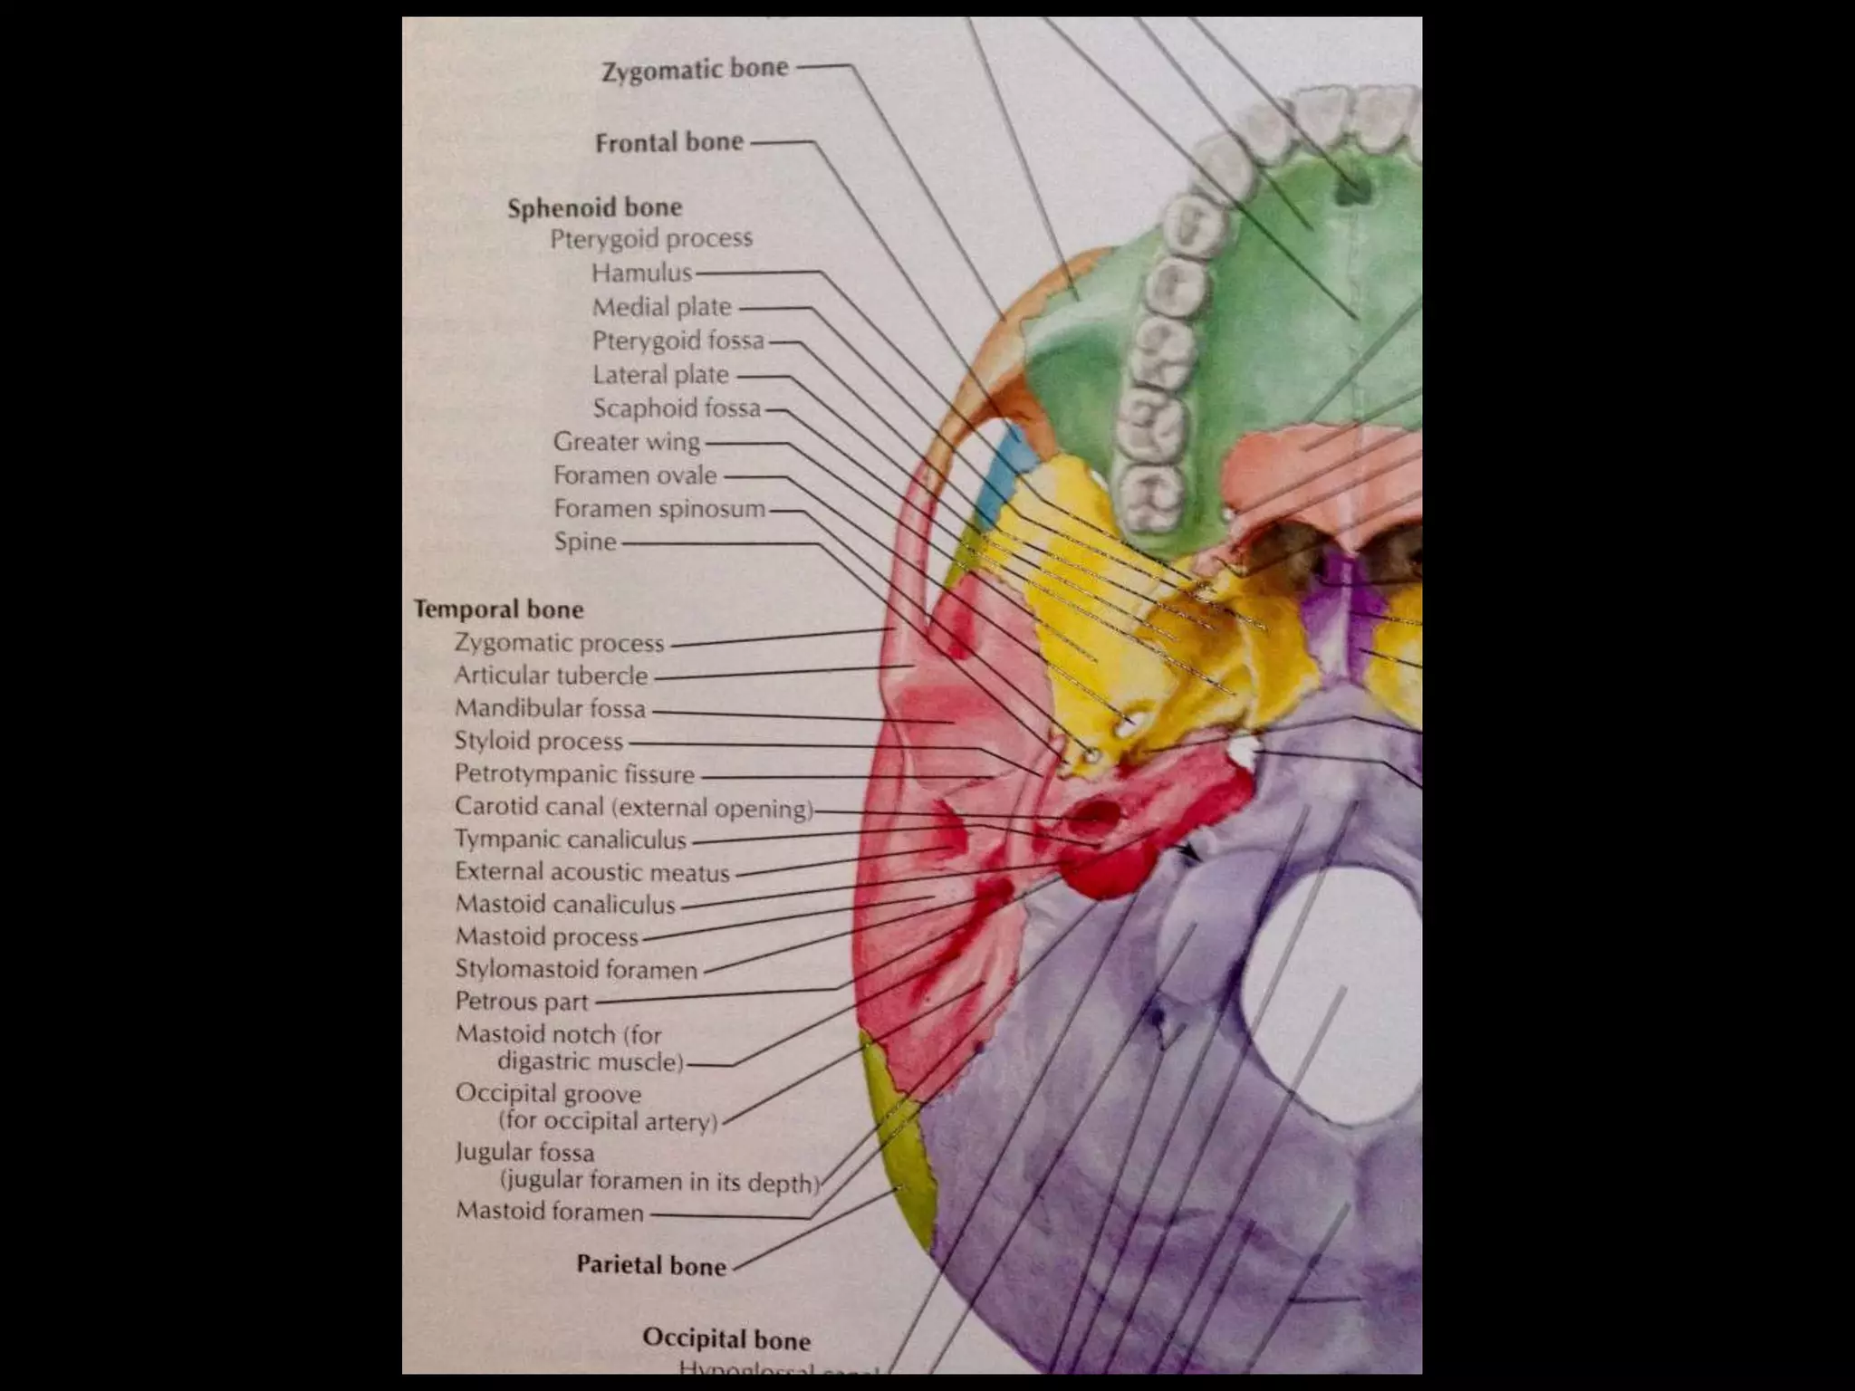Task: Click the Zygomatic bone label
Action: pyautogui.click(x=695, y=70)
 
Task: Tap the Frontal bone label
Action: pyautogui.click(x=669, y=142)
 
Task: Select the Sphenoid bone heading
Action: pyautogui.click(x=594, y=208)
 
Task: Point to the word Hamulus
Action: pyautogui.click(x=641, y=273)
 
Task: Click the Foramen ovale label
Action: pyautogui.click(x=635, y=475)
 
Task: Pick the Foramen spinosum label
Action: pyautogui.click(x=659, y=509)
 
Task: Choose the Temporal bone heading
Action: pyautogui.click(x=498, y=609)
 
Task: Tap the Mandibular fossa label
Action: pyautogui.click(x=550, y=708)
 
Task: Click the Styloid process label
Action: pyautogui.click(x=539, y=741)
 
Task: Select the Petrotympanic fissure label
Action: pyautogui.click(x=574, y=774)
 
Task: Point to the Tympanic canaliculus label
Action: pyautogui.click(x=571, y=839)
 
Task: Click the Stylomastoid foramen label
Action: pyautogui.click(x=576, y=970)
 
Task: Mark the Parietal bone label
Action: pyautogui.click(x=651, y=1265)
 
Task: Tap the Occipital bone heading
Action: pyautogui.click(x=726, y=1338)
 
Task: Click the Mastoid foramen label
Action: pyautogui.click(x=550, y=1211)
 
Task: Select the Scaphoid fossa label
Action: pyautogui.click(x=677, y=408)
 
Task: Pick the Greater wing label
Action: pyautogui.click(x=627, y=442)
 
